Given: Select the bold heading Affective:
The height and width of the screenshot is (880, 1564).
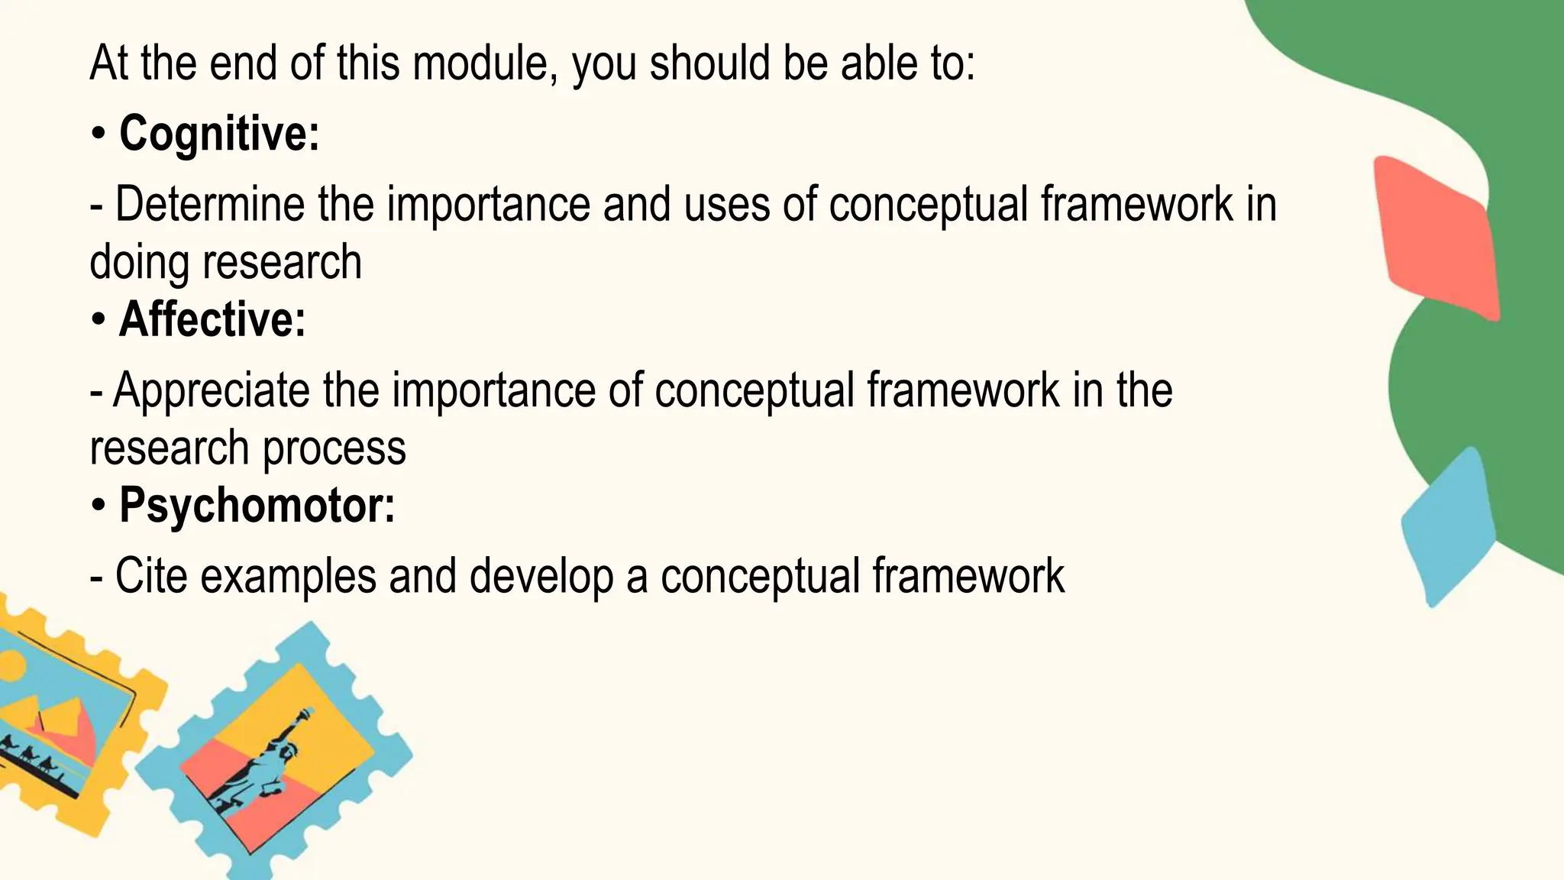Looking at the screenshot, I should click(212, 319).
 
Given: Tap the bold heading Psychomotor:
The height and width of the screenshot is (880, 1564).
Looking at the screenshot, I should click(257, 506).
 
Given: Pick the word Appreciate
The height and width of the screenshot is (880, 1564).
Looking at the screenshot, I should click(211, 390).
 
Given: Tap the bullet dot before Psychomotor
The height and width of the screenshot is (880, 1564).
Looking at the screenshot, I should click(99, 506).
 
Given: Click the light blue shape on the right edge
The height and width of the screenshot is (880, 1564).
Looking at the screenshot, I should click(1447, 527).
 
